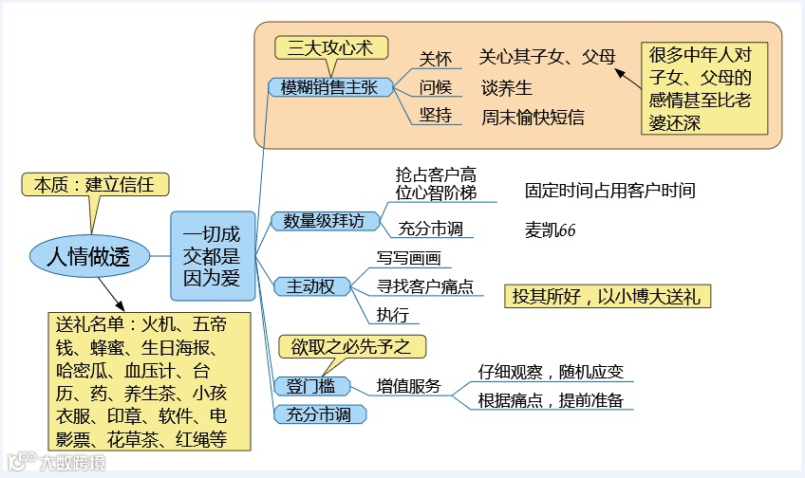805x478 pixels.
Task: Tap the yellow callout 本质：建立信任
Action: tap(93, 184)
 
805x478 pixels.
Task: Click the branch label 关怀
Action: tap(436, 57)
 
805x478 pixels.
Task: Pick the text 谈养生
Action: tap(506, 87)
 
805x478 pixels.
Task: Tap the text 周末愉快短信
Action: tap(533, 118)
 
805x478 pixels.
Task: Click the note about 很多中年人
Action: tap(699, 88)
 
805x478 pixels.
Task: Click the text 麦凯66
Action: tap(550, 230)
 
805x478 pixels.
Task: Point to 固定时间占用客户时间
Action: tap(609, 191)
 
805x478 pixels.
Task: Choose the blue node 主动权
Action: tap(310, 285)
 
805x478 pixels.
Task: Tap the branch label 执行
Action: tap(393, 315)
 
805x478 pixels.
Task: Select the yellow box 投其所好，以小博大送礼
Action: tap(607, 296)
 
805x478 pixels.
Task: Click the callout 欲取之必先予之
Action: tap(351, 346)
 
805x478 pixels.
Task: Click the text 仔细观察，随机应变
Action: tap(551, 372)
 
